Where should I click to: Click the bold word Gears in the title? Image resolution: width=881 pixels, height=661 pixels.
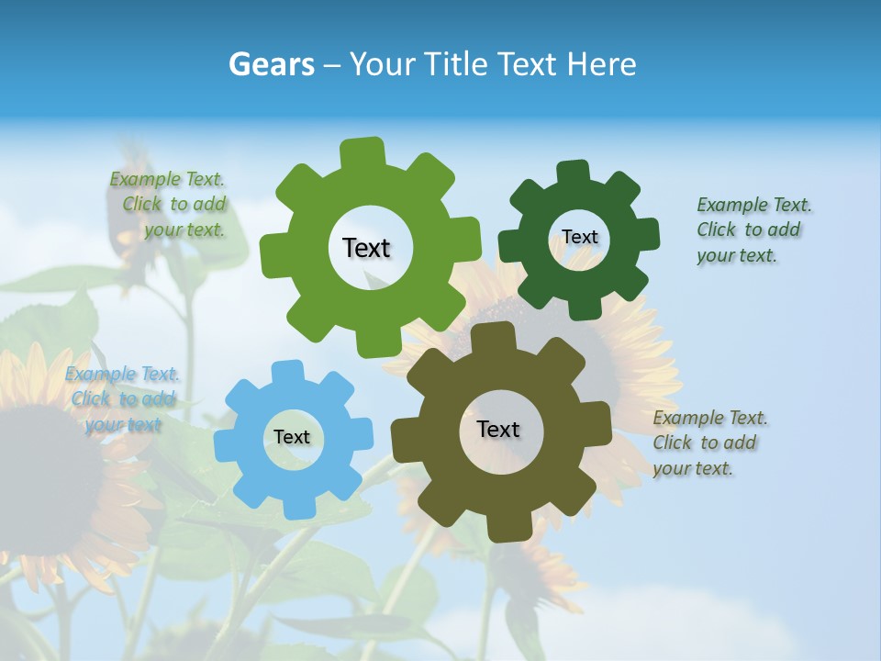(271, 64)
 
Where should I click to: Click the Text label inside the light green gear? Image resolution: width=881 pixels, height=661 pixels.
(366, 248)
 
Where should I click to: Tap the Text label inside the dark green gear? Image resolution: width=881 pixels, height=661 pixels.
(579, 237)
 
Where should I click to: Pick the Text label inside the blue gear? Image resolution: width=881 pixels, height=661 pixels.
(292, 437)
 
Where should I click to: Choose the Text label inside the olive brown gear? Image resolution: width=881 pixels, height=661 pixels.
(498, 429)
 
